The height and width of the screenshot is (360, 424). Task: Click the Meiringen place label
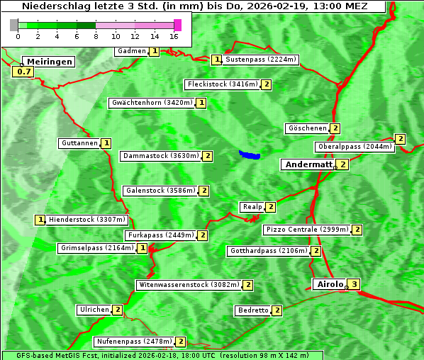coord(49,62)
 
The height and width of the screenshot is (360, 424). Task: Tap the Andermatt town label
coord(308,164)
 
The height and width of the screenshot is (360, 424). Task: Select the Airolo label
coord(330,284)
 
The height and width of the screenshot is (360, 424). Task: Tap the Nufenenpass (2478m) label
coord(134,342)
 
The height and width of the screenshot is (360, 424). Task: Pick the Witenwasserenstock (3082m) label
coord(189,285)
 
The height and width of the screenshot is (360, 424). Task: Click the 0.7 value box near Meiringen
coord(24,72)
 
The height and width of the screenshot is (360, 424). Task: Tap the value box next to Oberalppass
coord(401,139)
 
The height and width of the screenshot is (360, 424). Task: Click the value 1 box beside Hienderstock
coord(40,220)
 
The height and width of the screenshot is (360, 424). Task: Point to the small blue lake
coord(249,154)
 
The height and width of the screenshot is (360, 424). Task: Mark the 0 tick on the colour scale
coord(17,36)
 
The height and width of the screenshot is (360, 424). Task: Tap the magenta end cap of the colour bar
coord(177,25)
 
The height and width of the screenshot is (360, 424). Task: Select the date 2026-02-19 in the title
coord(284,6)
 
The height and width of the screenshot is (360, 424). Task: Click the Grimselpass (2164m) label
coord(97,248)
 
